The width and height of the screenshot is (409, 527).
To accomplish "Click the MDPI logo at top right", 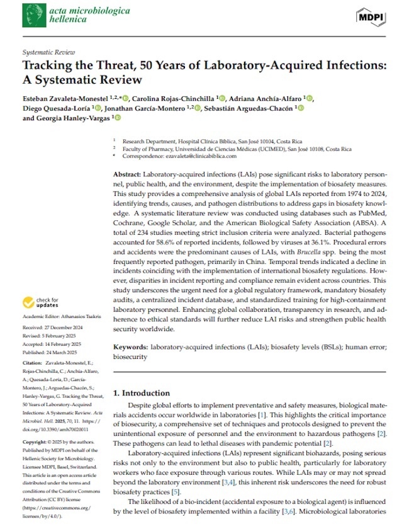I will coord(371,17).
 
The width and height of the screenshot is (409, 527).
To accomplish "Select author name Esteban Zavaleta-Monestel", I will coord(64,98).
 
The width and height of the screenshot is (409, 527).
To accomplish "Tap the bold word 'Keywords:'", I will coord(130,347).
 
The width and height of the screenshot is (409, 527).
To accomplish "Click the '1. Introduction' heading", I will coord(142,393).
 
